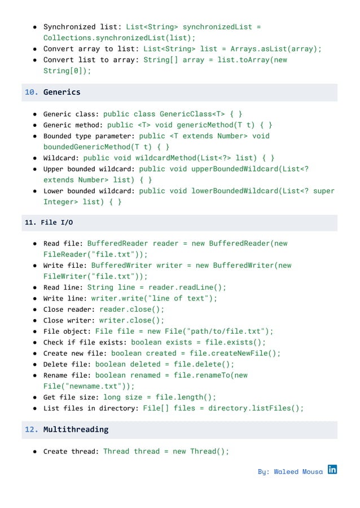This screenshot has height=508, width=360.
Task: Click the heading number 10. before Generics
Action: pos(32,92)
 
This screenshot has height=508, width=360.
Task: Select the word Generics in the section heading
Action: pos(62,92)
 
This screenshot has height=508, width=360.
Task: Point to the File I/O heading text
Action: pos(56,223)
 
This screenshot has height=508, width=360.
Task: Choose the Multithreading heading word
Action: pos(76,430)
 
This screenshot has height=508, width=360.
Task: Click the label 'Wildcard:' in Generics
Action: pos(61,158)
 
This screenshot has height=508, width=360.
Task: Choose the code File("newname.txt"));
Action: pos(89,386)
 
